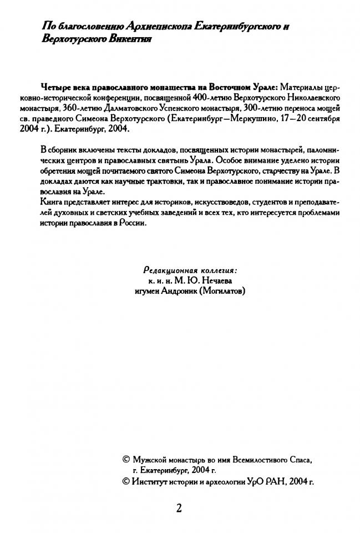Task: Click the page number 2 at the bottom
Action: [x=179, y=508]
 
